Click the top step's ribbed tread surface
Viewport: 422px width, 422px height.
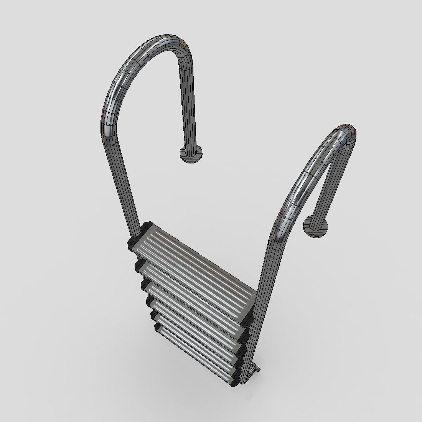[192, 261]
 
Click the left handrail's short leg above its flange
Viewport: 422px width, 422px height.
[188, 107]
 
